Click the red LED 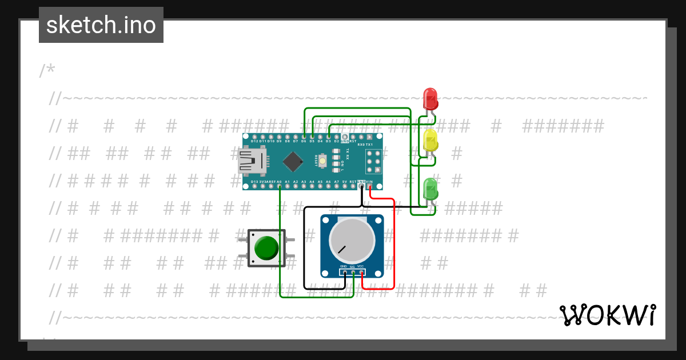pyautogui.click(x=430, y=98)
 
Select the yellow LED pyautogui.click(x=430, y=141)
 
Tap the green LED pyautogui.click(x=430, y=189)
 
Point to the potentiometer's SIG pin pyautogui.click(x=353, y=272)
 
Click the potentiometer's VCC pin pyautogui.click(x=362, y=272)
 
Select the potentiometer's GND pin pyautogui.click(x=345, y=272)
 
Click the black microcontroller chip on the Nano pyautogui.click(x=293, y=162)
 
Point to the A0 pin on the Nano pyautogui.click(x=279, y=186)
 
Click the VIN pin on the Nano pyautogui.click(x=370, y=186)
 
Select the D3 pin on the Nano pyautogui.click(x=329, y=137)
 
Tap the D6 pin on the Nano pyautogui.click(x=304, y=137)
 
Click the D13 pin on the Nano pyautogui.click(x=254, y=186)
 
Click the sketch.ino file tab pyautogui.click(x=101, y=25)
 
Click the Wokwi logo pyautogui.click(x=608, y=315)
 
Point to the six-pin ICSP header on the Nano pyautogui.click(x=374, y=162)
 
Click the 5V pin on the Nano pyautogui.click(x=345, y=186)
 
